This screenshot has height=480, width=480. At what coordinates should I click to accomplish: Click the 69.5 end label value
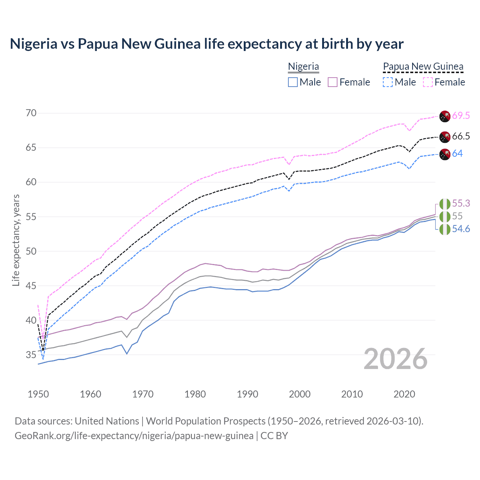click(461, 115)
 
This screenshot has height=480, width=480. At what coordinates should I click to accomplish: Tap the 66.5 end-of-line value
click(461, 136)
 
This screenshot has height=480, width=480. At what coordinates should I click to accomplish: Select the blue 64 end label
click(457, 153)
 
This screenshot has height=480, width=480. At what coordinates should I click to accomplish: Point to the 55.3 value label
click(461, 203)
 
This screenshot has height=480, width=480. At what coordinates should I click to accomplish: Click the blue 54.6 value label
click(461, 229)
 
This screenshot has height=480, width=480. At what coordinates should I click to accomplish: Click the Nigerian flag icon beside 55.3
click(445, 204)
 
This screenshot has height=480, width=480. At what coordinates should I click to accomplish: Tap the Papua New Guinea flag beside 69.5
click(445, 116)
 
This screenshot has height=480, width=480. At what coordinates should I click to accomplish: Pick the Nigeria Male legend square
click(293, 82)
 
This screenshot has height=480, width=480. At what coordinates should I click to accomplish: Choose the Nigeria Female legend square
click(333, 82)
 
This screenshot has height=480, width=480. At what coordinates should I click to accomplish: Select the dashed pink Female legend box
click(428, 82)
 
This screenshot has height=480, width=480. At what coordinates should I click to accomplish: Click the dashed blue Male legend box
click(388, 82)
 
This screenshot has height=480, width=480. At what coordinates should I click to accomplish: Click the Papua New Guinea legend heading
click(423, 66)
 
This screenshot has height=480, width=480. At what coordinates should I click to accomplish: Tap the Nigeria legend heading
click(303, 66)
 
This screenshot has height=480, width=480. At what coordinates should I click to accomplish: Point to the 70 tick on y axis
click(31, 113)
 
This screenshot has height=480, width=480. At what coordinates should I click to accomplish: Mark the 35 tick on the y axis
click(31, 355)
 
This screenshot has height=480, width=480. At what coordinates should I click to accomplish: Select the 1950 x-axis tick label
click(38, 394)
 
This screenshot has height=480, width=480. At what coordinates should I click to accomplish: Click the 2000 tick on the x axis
click(300, 394)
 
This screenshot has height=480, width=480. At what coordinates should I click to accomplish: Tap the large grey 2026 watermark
click(396, 359)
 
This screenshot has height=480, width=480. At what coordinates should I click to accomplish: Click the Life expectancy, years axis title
click(16, 240)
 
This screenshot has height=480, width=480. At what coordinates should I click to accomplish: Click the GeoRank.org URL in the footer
click(134, 436)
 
